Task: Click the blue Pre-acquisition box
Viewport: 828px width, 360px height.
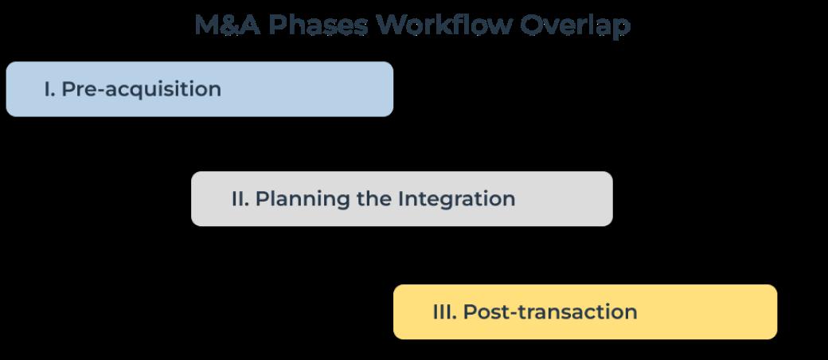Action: coord(200,89)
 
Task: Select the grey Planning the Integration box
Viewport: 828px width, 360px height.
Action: coord(402,199)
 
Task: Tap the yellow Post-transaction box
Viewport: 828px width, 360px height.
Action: coord(585,312)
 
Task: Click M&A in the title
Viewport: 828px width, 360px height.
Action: coord(228,25)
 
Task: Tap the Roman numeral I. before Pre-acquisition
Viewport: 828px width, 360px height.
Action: coord(49,89)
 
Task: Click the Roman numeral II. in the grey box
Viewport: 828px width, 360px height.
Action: coord(240,199)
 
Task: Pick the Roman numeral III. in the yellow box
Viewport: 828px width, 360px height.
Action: coord(444,312)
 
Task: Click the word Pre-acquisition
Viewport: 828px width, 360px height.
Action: coord(142,90)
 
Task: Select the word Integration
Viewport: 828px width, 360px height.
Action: coord(457,200)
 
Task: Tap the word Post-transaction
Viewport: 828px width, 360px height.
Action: coord(550,312)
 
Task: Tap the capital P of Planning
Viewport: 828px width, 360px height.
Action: coord(262,199)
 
